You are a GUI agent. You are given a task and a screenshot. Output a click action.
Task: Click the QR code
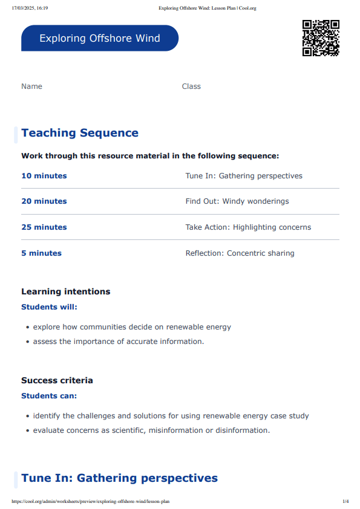coord(321,38)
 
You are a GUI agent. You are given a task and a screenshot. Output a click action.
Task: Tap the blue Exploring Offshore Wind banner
coord(100,38)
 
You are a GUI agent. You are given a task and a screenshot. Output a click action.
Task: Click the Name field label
coord(31,86)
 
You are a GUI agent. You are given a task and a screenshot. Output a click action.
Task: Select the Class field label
coord(191,86)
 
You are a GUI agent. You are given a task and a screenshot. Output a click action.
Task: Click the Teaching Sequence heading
coord(80,133)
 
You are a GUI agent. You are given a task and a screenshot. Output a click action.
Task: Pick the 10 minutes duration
coord(44,176)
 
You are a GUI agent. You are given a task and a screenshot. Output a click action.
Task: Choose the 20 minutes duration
coord(44,201)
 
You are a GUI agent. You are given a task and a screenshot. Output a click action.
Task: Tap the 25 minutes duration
coord(44,227)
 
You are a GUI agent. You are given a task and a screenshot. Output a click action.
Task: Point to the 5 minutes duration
coord(41,253)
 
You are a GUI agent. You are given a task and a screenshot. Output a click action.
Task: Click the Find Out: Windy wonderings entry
coord(237,201)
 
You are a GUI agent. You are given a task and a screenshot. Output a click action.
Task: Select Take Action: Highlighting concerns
coord(248,227)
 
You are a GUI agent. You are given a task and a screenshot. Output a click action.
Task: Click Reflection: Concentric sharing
coord(240,253)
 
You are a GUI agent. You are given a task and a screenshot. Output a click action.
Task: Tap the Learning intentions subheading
coord(66,291)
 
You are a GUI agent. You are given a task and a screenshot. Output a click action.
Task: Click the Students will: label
coord(50,307)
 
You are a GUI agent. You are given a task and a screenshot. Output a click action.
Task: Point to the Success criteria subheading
coord(57,380)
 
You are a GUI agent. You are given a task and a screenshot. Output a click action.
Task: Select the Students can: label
coord(49,396)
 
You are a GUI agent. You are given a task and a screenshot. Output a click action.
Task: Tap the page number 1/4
coord(345,501)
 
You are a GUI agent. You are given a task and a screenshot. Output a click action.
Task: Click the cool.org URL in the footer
coord(90,501)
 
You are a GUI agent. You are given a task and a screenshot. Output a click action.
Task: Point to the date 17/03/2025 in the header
coord(24,8)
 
